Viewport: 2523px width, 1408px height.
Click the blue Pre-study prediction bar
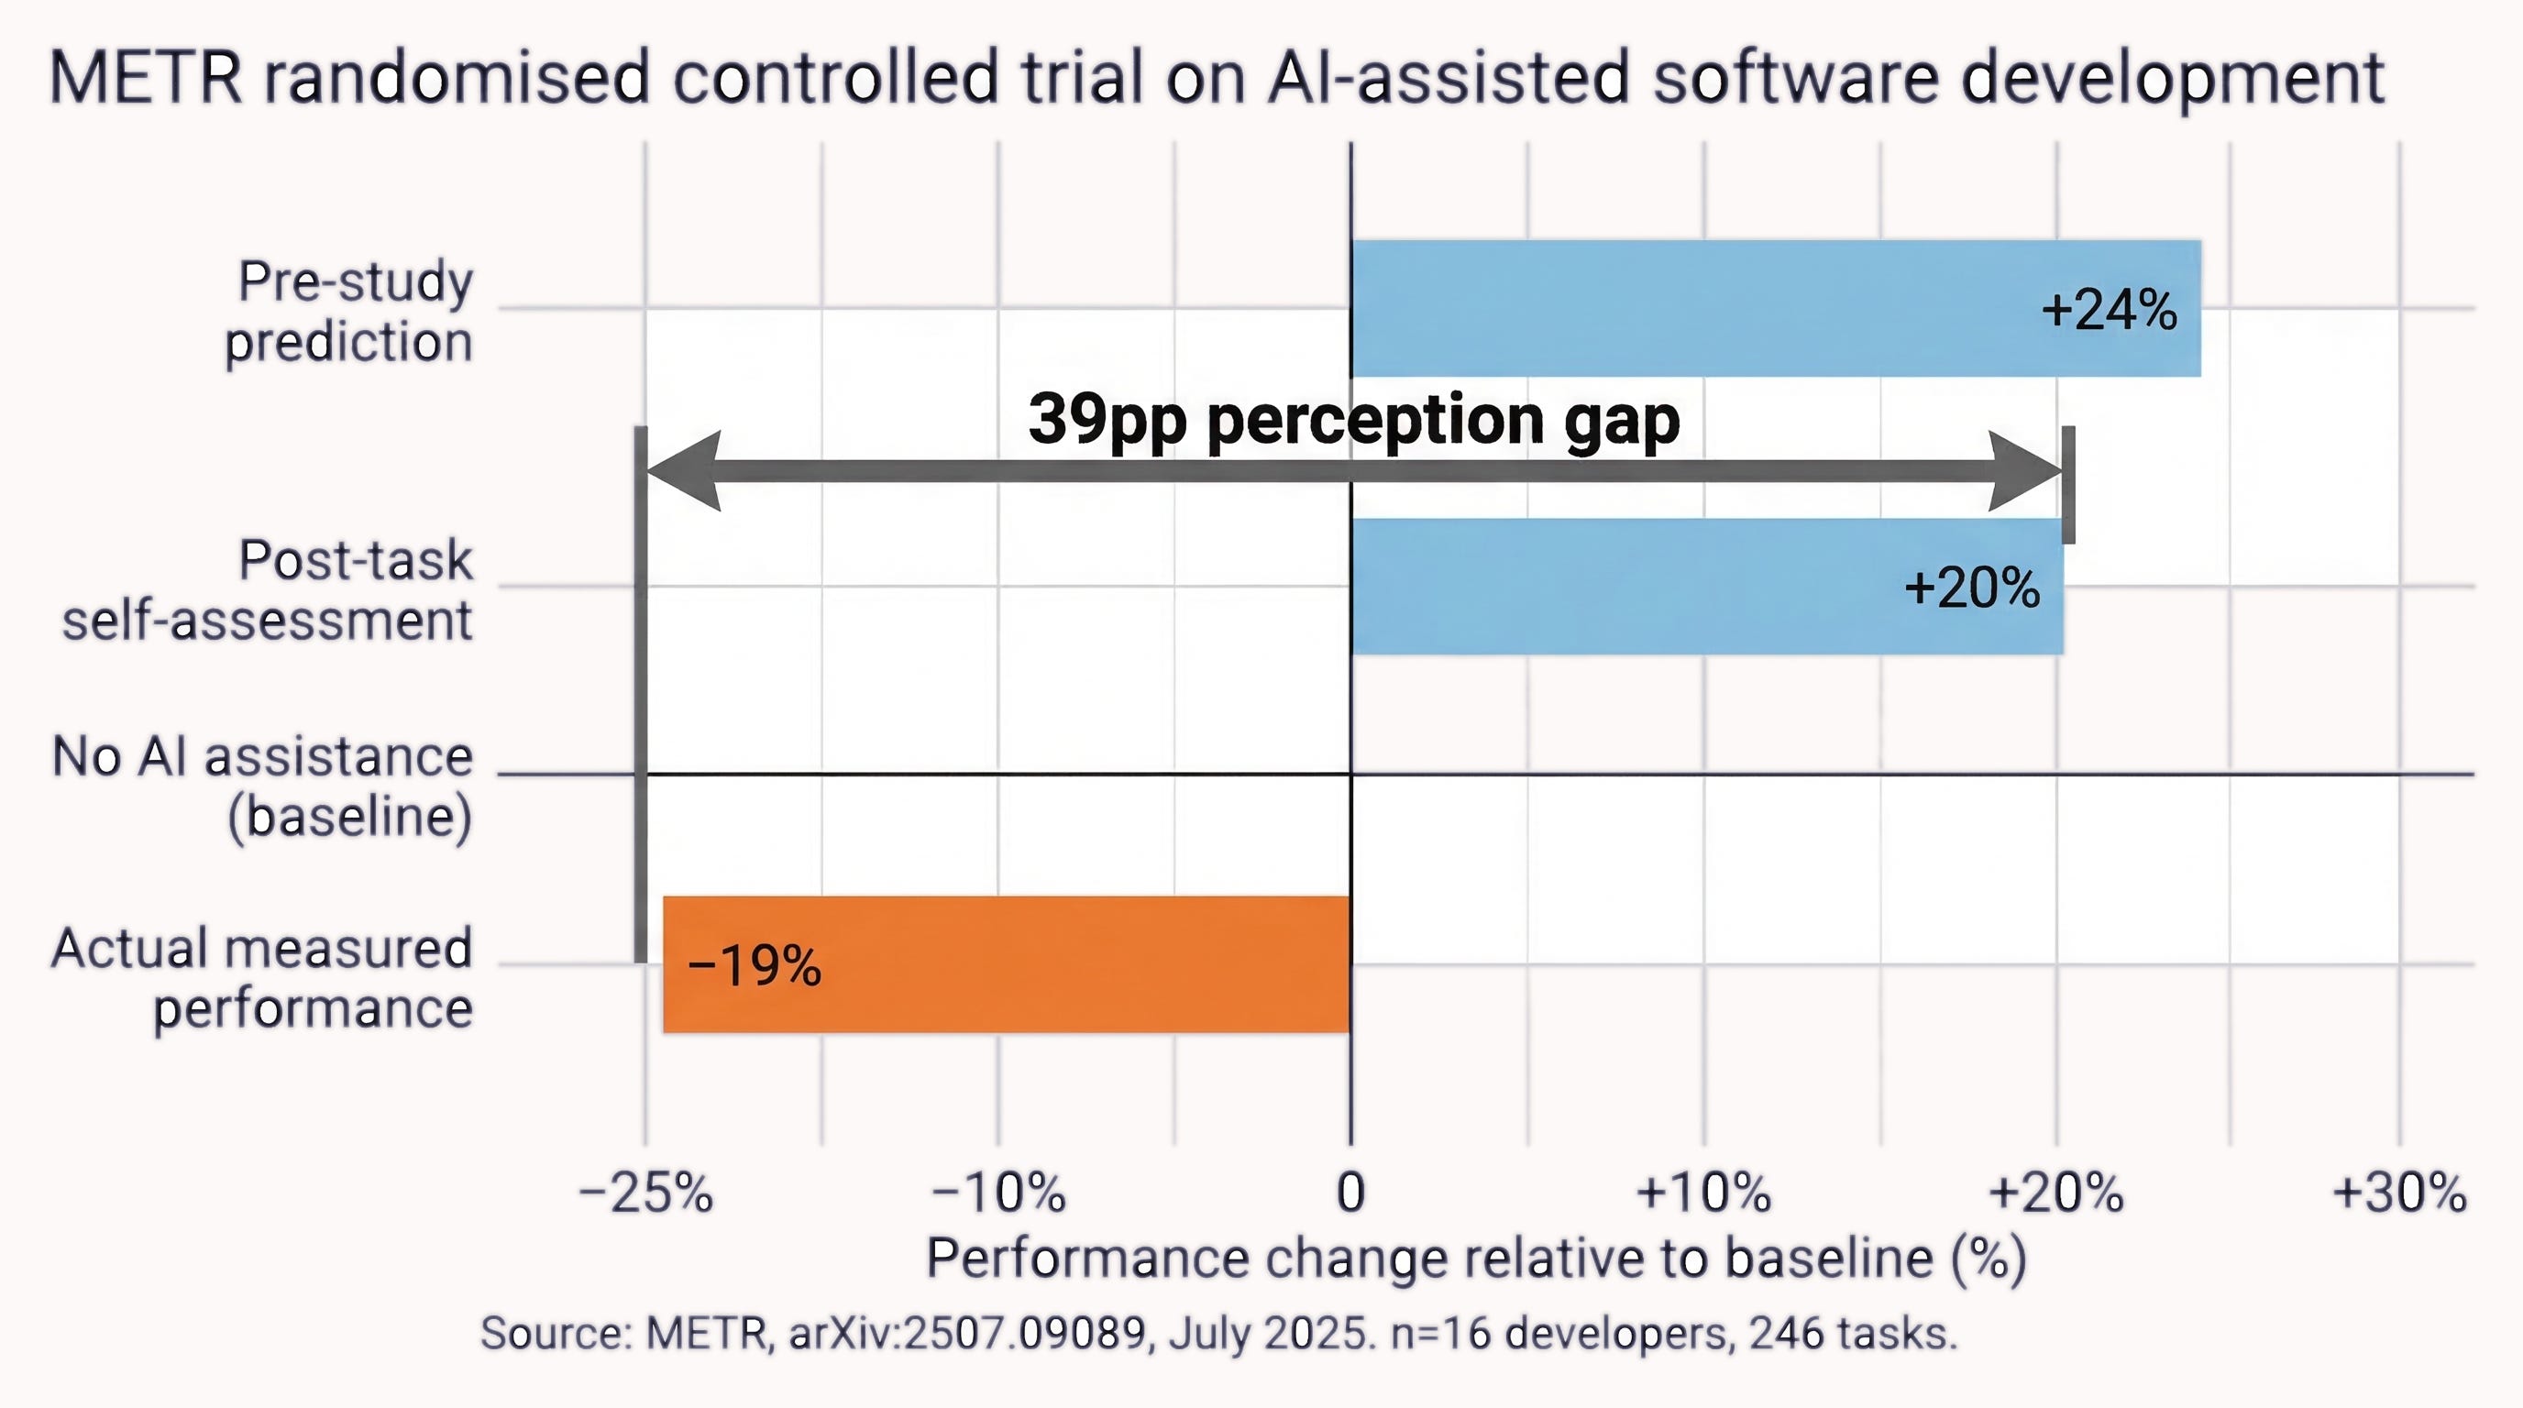1776,308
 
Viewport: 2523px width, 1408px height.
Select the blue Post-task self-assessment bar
1707,587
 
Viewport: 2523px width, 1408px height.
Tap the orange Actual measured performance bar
1007,964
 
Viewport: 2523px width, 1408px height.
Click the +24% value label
2109,310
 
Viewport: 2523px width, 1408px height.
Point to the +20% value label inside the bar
1972,588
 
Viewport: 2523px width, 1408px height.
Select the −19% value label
755,966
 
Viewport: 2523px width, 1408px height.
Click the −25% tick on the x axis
645,1193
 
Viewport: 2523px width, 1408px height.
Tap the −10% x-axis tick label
998,1193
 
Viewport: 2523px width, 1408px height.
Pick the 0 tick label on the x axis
1350,1193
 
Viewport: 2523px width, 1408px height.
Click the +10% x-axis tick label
1703,1193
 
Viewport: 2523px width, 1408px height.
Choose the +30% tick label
2399,1193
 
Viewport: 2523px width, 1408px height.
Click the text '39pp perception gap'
1353,421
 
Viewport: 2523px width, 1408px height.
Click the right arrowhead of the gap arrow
2025,471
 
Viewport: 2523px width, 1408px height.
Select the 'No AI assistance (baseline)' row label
262,786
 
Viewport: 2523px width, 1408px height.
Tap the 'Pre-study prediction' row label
349,312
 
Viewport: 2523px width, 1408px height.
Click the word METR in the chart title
145,77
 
